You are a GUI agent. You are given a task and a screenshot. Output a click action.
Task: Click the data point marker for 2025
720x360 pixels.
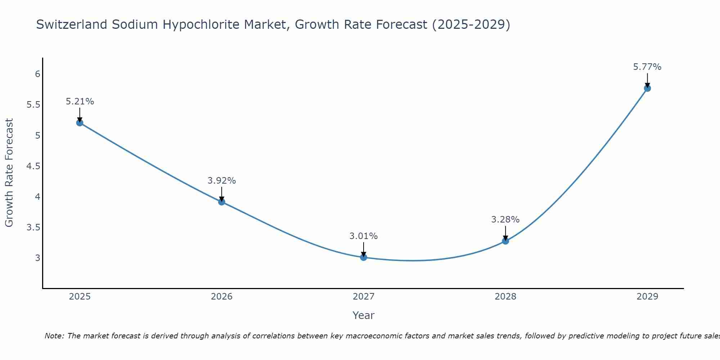tap(80, 123)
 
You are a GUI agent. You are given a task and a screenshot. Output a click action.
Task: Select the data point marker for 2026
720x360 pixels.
tap(222, 202)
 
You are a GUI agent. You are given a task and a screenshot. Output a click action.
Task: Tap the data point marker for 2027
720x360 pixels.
tap(364, 257)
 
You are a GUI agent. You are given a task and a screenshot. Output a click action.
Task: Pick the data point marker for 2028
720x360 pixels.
tap(505, 241)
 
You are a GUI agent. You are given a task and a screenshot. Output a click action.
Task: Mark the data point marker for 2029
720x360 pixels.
tap(647, 88)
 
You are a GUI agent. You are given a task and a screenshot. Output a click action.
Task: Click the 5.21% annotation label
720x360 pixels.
tap(80, 102)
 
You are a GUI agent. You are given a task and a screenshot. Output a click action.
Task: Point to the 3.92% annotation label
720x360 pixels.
tap(222, 181)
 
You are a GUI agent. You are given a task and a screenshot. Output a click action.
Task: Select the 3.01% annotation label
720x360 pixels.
tap(364, 236)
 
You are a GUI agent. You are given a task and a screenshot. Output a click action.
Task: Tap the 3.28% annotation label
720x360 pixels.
tap(505, 220)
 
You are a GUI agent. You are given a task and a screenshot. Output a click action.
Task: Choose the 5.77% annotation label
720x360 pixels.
tap(647, 67)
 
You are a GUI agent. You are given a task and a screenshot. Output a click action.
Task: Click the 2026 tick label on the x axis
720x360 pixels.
tap(222, 297)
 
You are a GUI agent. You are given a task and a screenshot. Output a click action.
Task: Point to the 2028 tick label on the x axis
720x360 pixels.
tap(505, 297)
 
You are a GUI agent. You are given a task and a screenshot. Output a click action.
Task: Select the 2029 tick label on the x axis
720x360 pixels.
tap(647, 297)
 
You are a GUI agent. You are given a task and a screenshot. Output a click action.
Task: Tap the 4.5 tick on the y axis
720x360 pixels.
tap(33, 166)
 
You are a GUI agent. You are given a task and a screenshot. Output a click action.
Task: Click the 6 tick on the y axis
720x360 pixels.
tap(37, 74)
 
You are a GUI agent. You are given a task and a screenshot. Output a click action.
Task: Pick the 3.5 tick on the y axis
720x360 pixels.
tap(33, 227)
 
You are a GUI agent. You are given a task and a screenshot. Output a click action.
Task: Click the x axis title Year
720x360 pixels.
tap(364, 315)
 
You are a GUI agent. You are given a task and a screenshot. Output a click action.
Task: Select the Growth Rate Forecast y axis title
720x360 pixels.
tap(9, 173)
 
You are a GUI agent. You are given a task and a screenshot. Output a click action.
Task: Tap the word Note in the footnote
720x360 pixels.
tap(54, 336)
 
